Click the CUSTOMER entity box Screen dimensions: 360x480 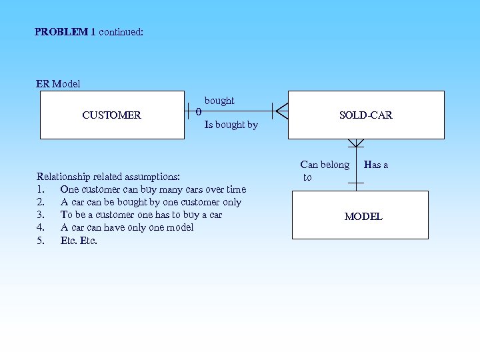click(x=112, y=115)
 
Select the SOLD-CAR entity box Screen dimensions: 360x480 click(x=365, y=115)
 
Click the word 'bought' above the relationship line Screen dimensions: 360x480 click(x=219, y=101)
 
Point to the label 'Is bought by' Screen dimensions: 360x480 click(x=231, y=125)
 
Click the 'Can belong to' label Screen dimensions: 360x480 click(x=324, y=171)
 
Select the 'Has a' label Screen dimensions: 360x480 click(x=376, y=165)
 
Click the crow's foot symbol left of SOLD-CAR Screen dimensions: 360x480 click(x=281, y=111)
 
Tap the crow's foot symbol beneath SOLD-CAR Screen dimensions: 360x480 click(x=356, y=143)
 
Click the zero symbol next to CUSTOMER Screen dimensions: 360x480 click(x=199, y=111)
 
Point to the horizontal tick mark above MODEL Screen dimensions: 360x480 click(x=356, y=183)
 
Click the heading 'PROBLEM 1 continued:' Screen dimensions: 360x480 click(x=89, y=31)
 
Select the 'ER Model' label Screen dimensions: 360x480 click(x=58, y=84)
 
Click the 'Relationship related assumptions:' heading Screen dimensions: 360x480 click(x=108, y=177)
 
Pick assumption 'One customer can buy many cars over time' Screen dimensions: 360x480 click(x=153, y=189)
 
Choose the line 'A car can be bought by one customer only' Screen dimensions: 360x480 click(x=151, y=202)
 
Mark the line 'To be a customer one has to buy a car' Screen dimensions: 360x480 click(x=141, y=215)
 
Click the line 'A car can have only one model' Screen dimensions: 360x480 click(x=127, y=227)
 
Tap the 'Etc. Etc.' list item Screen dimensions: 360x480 click(x=79, y=240)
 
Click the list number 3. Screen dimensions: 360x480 click(x=41, y=215)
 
